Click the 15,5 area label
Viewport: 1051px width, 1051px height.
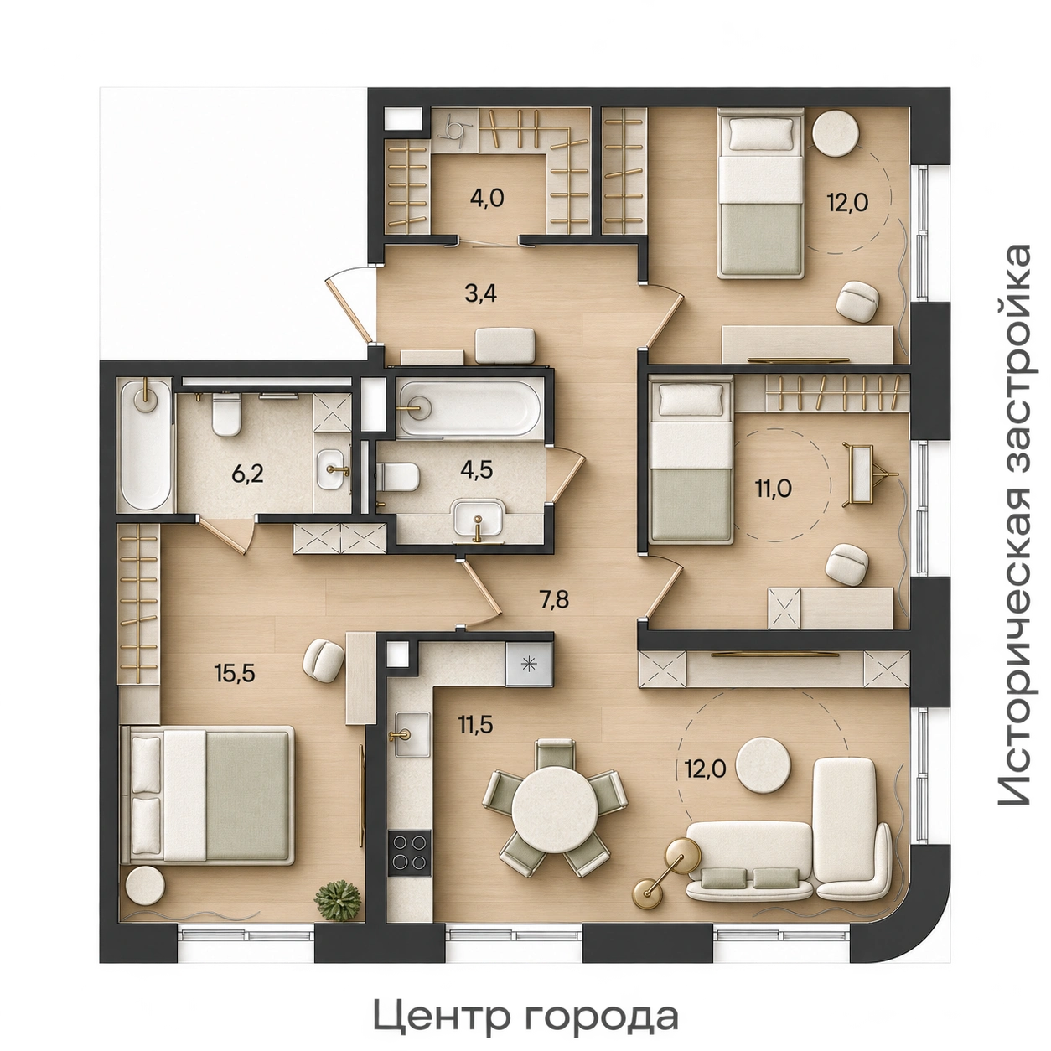click(235, 674)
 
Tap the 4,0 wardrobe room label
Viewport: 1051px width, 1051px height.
click(487, 198)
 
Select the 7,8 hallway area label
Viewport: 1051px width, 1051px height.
click(555, 600)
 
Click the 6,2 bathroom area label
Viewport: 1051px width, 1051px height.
click(247, 474)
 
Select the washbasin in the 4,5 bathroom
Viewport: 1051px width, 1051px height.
click(479, 520)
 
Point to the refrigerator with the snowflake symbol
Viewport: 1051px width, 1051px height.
click(529, 665)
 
